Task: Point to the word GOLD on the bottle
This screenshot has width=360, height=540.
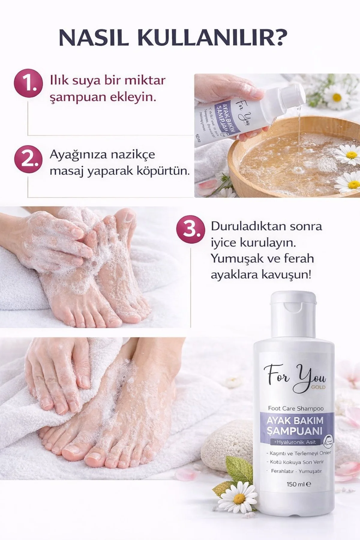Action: pos(318,387)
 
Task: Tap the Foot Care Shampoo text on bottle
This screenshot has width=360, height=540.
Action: pos(295,408)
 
